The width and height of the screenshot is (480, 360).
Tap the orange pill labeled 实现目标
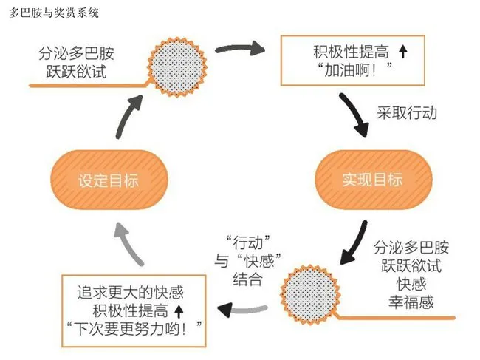pos(372,180)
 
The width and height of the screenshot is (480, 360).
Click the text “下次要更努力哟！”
pos(133,327)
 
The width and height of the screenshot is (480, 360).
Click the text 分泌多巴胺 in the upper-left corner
pos(78,55)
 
